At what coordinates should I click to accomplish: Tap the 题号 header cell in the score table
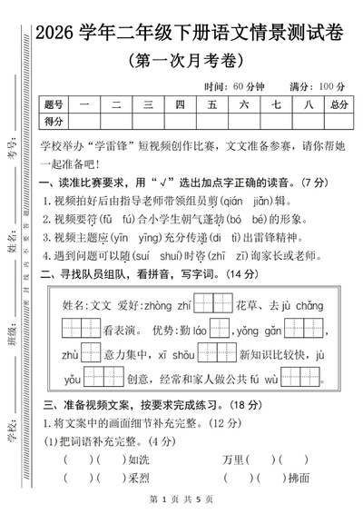54,104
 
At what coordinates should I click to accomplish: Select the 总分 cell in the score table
339,104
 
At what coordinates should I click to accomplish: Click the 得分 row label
54,121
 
